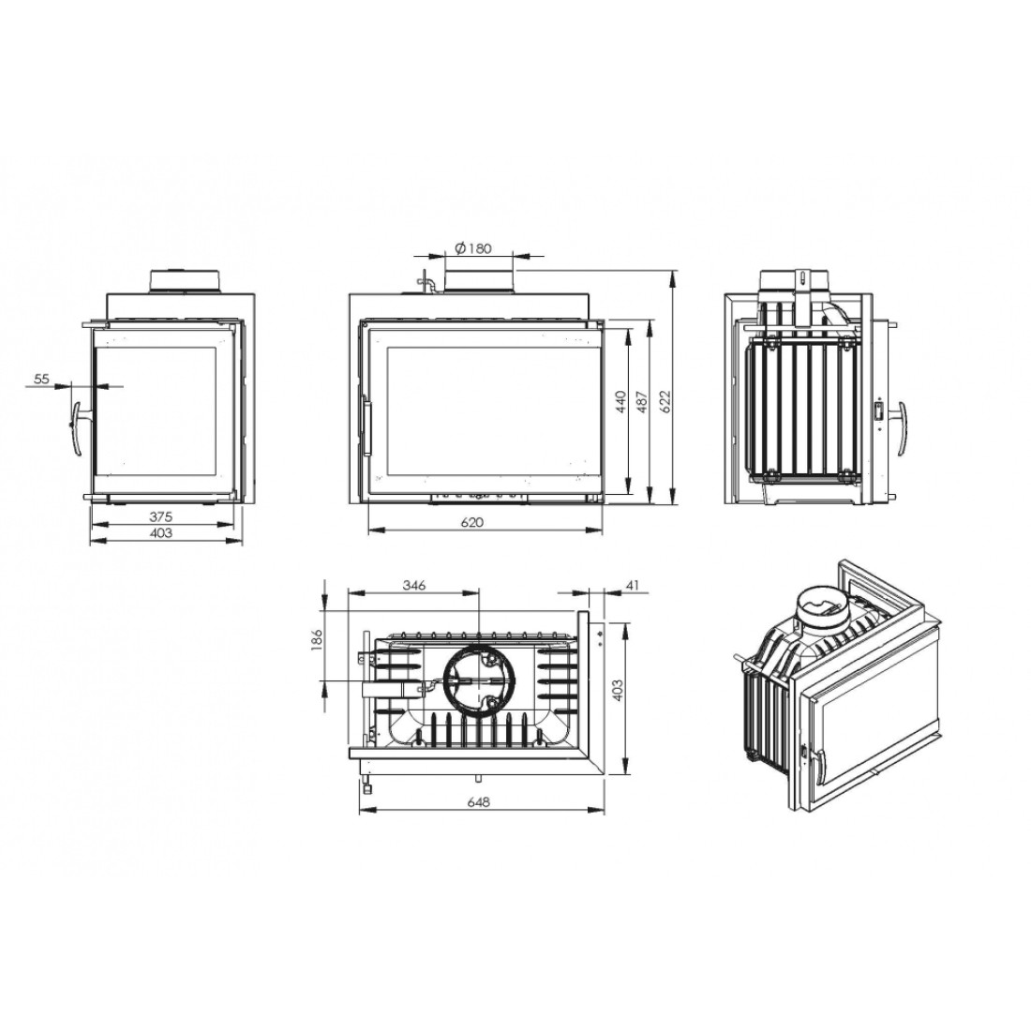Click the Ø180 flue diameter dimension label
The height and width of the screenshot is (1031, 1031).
coord(472,248)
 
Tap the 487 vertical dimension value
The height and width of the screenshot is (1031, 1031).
coord(642,402)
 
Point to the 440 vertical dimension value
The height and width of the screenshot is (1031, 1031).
coord(620,402)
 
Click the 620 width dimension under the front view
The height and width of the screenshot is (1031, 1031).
coord(472,522)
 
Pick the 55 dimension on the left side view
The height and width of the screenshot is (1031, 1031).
coord(41,379)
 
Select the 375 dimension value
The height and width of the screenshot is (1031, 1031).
coord(160,516)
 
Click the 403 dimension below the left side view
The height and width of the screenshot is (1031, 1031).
coord(160,532)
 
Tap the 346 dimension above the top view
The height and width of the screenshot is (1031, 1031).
coord(415,585)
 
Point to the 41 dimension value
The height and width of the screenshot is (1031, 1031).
coord(633,585)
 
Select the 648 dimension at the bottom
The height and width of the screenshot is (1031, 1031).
coord(480,801)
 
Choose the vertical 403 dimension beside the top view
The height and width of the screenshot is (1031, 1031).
coord(617,691)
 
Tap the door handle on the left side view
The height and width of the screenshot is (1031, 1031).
coord(79,428)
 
